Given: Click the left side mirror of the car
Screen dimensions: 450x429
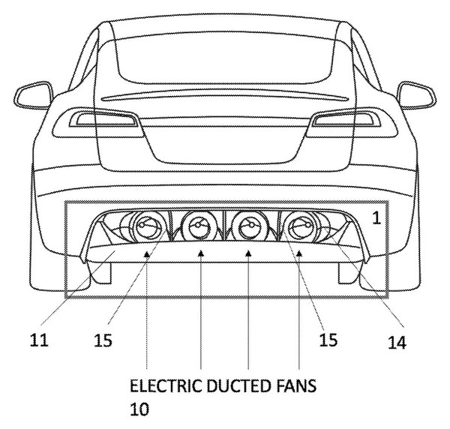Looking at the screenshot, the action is (34, 95).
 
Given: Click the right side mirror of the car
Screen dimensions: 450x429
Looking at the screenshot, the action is (416, 95).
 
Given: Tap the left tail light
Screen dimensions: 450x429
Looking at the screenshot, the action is (97, 123).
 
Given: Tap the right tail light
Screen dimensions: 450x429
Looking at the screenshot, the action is (352, 123).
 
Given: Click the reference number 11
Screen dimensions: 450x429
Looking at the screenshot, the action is (39, 340).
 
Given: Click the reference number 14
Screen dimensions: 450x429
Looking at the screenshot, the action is (397, 342).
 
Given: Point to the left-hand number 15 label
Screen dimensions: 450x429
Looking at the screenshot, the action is (103, 340).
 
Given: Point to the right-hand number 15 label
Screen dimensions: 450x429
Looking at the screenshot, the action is (328, 340).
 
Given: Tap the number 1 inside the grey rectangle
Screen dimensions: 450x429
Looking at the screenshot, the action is (376, 218).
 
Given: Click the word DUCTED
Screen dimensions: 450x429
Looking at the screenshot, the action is (238, 385).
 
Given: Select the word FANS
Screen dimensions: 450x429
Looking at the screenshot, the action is (296, 385).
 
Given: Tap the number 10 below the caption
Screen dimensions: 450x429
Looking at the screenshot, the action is (139, 409).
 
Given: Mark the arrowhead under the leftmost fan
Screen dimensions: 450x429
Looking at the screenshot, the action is (147, 253).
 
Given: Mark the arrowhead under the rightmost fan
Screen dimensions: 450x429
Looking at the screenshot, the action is (299, 253).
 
